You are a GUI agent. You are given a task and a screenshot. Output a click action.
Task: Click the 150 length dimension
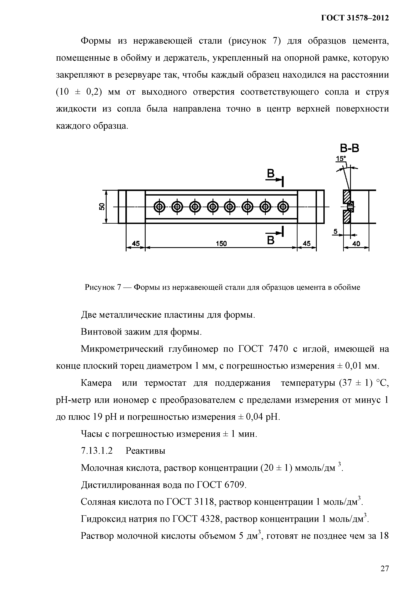pos(221,244)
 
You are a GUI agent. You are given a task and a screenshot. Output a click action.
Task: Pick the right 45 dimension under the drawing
pos(307,244)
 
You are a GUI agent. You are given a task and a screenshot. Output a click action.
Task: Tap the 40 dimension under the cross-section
pos(356,244)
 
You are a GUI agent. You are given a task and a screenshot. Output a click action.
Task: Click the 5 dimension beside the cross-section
pos(335,232)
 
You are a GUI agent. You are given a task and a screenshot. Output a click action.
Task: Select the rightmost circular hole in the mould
pos(283,207)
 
